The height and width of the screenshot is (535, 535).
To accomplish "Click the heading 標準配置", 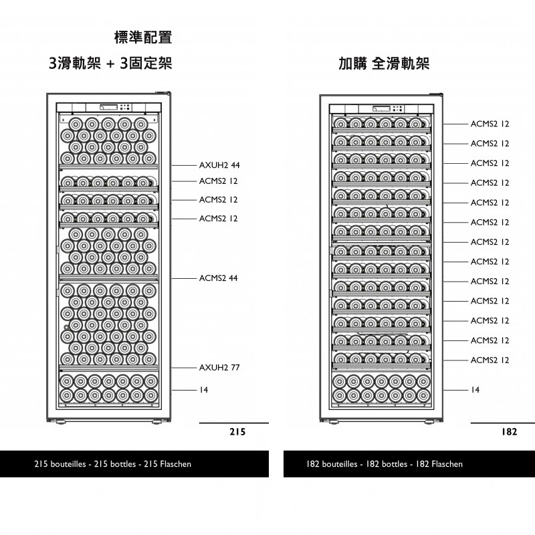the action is (x=143, y=37).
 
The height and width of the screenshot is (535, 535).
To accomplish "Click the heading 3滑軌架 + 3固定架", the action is (x=110, y=63).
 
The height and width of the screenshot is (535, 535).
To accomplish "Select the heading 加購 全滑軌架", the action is (x=384, y=64).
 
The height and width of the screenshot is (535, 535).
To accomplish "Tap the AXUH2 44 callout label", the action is (x=219, y=165).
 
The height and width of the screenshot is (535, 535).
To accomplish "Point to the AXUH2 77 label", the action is (x=219, y=367).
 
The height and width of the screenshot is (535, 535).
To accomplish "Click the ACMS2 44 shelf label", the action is (x=219, y=278).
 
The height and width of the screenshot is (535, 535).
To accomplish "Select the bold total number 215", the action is (x=237, y=432).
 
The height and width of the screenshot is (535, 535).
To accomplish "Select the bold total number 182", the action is (x=509, y=432).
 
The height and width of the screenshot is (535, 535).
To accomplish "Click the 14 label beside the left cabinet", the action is (x=204, y=390).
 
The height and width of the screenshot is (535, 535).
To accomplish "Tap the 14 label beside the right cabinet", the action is (x=475, y=390).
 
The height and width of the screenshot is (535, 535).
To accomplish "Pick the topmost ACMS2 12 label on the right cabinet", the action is (x=490, y=124).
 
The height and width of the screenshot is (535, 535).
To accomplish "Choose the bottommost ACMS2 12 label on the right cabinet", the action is (x=490, y=360).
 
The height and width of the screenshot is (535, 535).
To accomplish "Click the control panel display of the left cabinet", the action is (x=108, y=107).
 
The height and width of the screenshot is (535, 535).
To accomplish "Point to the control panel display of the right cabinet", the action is (x=381, y=109).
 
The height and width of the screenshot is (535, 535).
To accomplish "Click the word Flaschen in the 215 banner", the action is (x=176, y=464).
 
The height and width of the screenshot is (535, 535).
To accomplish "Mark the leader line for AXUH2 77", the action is (x=185, y=368).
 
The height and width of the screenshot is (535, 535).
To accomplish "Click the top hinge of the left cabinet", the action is (x=163, y=92).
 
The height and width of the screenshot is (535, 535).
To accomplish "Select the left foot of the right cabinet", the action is (x=333, y=422).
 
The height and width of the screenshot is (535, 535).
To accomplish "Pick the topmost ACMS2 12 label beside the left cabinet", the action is (x=219, y=181).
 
